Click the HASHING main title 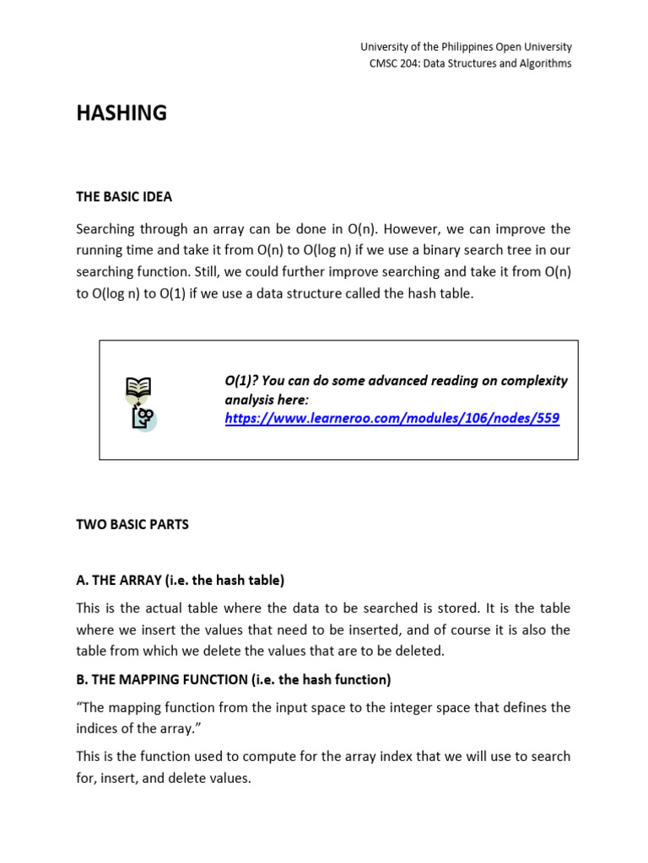(121, 114)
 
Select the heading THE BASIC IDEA (124, 196)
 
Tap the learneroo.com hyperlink (391, 418)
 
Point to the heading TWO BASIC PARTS (132, 524)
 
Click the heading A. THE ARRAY (181, 580)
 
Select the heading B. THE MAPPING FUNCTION (234, 679)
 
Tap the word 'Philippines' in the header (459, 47)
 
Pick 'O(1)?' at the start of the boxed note (241, 381)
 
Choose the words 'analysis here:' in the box (267, 399)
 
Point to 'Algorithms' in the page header (543, 63)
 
